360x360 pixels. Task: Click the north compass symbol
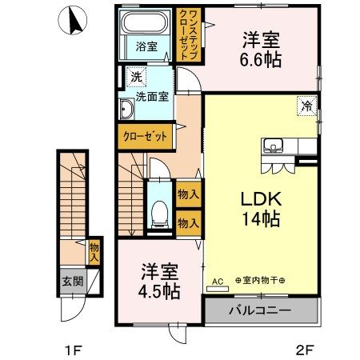click(x=73, y=20)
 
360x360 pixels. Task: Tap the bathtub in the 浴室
click(x=145, y=22)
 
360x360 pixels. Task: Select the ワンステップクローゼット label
click(x=189, y=34)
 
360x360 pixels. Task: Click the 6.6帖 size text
click(x=261, y=60)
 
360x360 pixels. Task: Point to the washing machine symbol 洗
click(x=137, y=77)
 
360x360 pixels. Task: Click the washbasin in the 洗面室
click(x=126, y=109)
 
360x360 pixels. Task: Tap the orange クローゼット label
click(x=146, y=137)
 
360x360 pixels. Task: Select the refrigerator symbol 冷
click(x=307, y=106)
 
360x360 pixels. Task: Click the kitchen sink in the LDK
click(x=274, y=146)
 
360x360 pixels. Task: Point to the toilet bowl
click(x=160, y=213)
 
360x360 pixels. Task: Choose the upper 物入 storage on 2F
click(x=189, y=194)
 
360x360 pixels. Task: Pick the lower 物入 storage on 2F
click(x=189, y=223)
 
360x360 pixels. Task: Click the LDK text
click(x=261, y=199)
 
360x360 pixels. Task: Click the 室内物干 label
click(x=260, y=280)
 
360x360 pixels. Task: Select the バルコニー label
click(x=260, y=310)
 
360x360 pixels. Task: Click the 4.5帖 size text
click(x=159, y=291)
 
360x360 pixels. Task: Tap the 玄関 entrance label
click(x=73, y=282)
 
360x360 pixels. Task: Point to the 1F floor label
click(x=73, y=350)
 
